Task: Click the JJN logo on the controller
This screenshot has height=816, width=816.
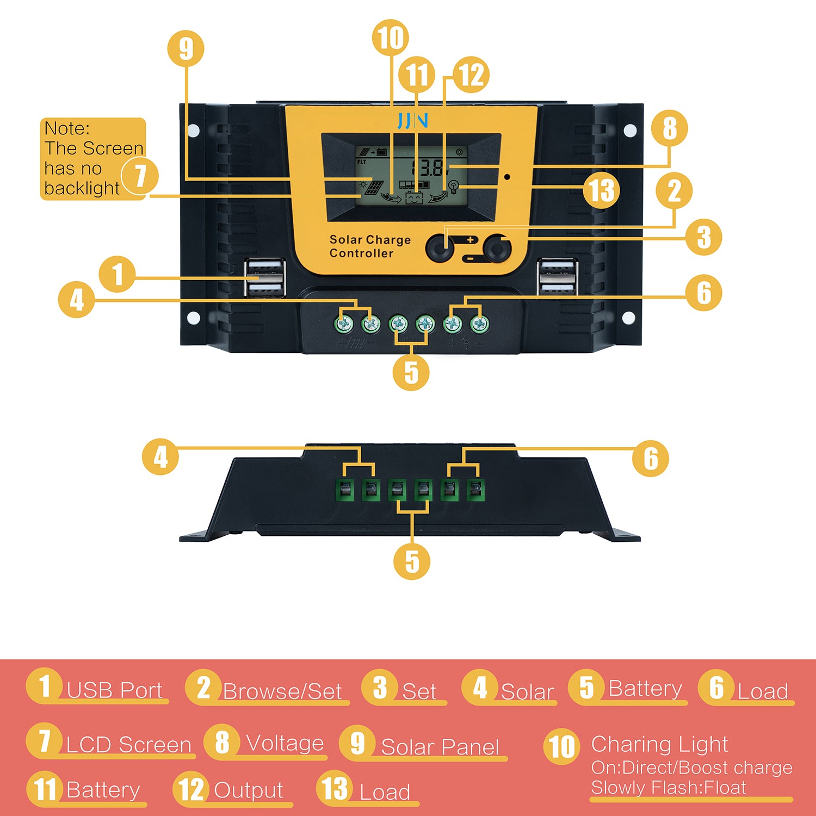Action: point(412,120)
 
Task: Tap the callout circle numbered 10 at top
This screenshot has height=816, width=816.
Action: point(390,38)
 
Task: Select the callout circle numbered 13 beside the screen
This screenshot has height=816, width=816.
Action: point(602,190)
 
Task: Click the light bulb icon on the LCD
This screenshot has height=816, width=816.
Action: point(453,188)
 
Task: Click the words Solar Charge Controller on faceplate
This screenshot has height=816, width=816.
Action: point(370,246)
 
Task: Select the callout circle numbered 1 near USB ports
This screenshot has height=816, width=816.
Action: point(117,274)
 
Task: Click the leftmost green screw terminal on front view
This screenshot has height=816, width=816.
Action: point(344,324)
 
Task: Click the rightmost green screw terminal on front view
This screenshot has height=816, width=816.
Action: point(479,324)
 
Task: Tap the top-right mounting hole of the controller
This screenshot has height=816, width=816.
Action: point(629,131)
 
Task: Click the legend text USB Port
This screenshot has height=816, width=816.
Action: point(114,690)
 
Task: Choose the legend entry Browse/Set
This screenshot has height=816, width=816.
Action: point(282,691)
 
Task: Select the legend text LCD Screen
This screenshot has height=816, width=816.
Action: point(128,745)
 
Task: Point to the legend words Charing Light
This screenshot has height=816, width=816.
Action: point(659,744)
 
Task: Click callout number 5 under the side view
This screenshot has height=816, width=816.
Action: point(412,561)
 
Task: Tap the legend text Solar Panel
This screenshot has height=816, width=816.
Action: point(440,747)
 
